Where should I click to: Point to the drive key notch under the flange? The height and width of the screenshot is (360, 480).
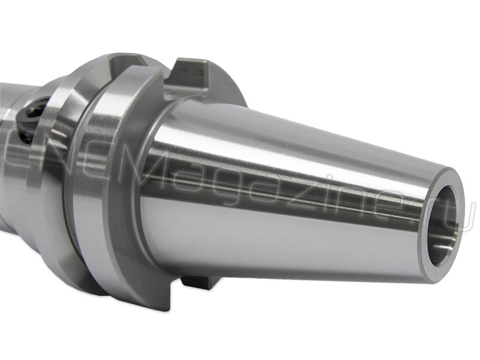[x=199, y=283]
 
